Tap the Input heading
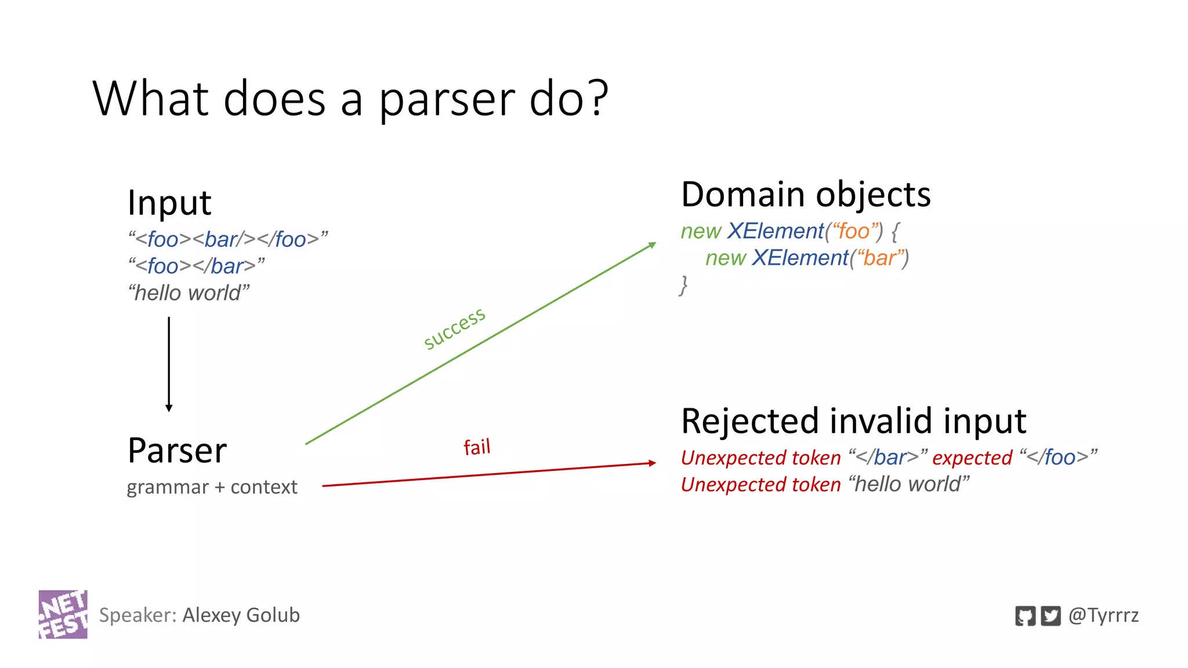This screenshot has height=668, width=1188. pos(169,203)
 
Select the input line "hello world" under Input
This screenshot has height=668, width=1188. pos(189,293)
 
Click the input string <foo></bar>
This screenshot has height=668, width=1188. pos(196,266)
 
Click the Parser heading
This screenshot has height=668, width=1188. pos(177,451)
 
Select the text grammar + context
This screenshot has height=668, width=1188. pos(212,487)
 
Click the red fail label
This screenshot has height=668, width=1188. pos(477,447)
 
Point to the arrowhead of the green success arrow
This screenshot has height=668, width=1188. pos(653,245)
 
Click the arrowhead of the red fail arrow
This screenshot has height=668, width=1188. pos(653,463)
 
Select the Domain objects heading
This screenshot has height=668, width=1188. pos(806,194)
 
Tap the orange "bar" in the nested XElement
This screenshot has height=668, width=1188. pos(879,258)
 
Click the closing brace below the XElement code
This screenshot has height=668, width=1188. pos(684,285)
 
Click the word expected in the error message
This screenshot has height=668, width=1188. pos(972,458)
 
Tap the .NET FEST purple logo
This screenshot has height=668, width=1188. pos(63,615)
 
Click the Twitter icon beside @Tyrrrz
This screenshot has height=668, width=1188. pos(1051,615)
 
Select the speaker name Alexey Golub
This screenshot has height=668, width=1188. pos(241,615)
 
